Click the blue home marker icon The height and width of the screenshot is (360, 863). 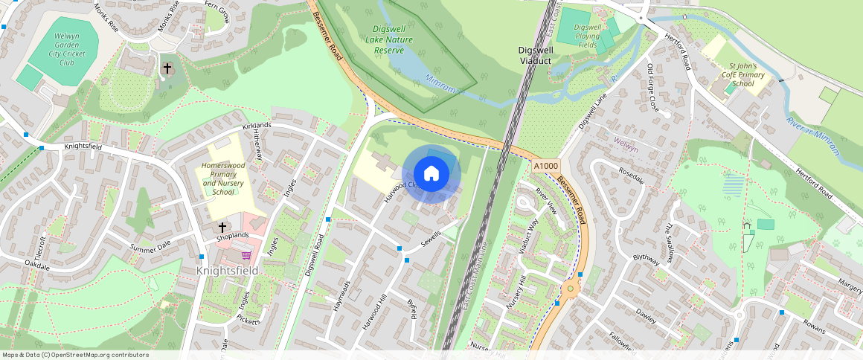coord(431,174)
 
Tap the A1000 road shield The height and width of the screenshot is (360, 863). coord(546,166)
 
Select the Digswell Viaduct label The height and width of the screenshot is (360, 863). coord(535,54)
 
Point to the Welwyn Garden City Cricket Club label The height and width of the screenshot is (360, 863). coord(68,49)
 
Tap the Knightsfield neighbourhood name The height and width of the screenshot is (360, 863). coord(227,271)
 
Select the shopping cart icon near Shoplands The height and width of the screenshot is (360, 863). coord(246,254)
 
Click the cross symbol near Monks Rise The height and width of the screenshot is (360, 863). coord(167,69)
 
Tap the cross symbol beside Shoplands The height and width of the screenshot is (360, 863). coord(222,226)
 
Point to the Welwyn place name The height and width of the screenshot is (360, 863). coord(622,140)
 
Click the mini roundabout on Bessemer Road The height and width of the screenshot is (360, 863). coord(571,289)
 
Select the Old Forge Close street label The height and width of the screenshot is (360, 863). coord(660,89)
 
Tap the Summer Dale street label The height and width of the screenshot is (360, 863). coord(150,247)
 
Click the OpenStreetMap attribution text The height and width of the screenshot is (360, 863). coord(76,355)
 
